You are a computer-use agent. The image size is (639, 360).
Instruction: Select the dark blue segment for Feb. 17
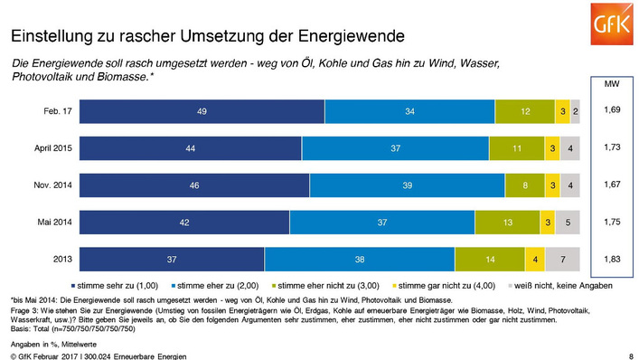202,110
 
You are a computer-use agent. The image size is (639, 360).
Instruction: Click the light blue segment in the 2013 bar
360,259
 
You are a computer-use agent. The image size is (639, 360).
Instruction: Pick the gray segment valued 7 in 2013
562,259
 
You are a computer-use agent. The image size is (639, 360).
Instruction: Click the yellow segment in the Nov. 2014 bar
551,185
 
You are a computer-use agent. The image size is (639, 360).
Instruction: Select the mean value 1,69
611,110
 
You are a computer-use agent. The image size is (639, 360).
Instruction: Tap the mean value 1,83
611,259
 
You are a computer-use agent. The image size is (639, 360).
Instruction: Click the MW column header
611,83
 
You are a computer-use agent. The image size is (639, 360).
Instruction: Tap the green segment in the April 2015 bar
515,147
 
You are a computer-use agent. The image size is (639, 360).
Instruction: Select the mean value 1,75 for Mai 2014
611,222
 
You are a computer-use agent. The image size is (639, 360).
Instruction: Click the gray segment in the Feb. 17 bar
574,110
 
